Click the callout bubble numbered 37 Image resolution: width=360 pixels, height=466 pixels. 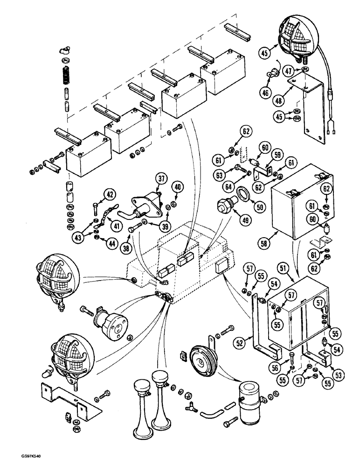[x=161, y=179]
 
